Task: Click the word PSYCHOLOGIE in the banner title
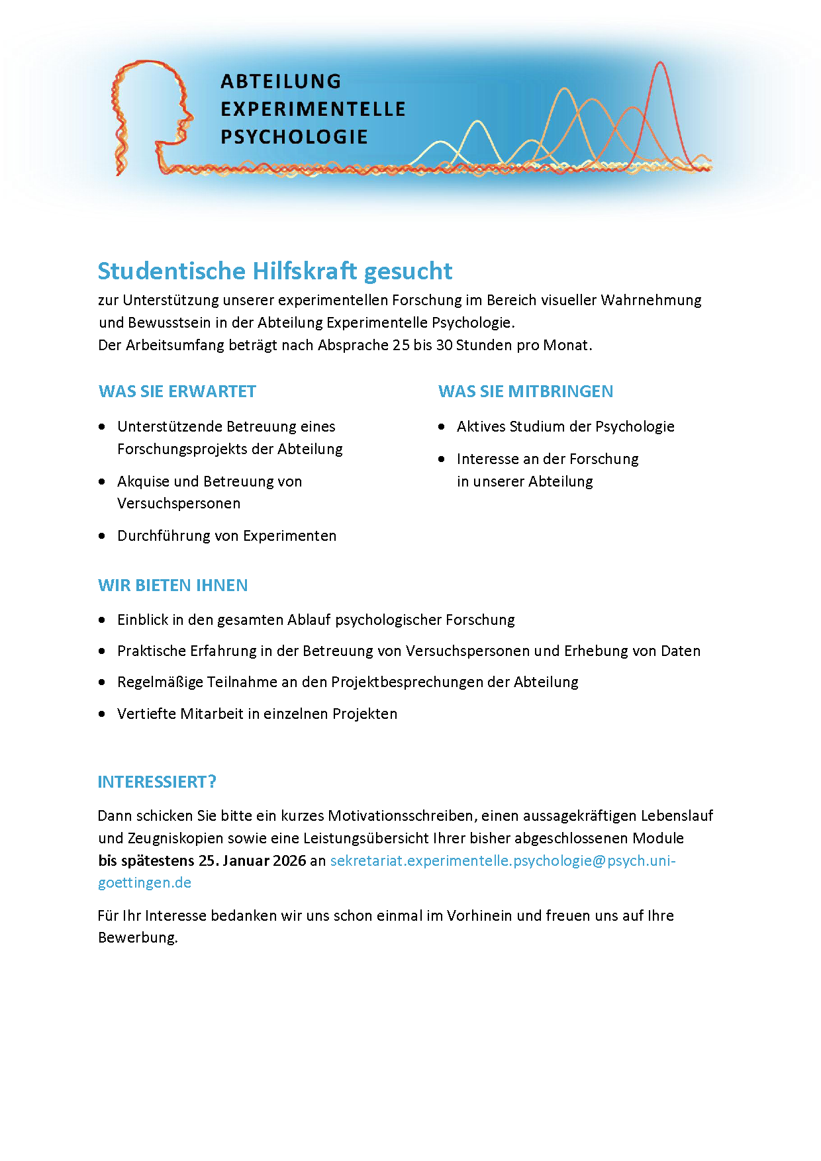click(294, 137)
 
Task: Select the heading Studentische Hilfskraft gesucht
click(275, 271)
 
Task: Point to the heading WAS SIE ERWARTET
click(177, 391)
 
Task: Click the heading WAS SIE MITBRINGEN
click(526, 391)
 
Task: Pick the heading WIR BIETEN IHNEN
click(173, 585)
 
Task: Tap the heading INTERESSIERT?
click(157, 782)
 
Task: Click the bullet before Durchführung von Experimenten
click(102, 535)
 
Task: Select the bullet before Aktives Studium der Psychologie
click(442, 427)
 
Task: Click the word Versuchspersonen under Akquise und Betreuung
click(179, 504)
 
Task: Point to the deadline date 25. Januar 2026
click(252, 860)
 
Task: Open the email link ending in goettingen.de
click(144, 883)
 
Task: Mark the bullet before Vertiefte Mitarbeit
click(102, 714)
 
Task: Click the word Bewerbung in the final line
click(137, 938)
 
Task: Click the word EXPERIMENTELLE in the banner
click(313, 109)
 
